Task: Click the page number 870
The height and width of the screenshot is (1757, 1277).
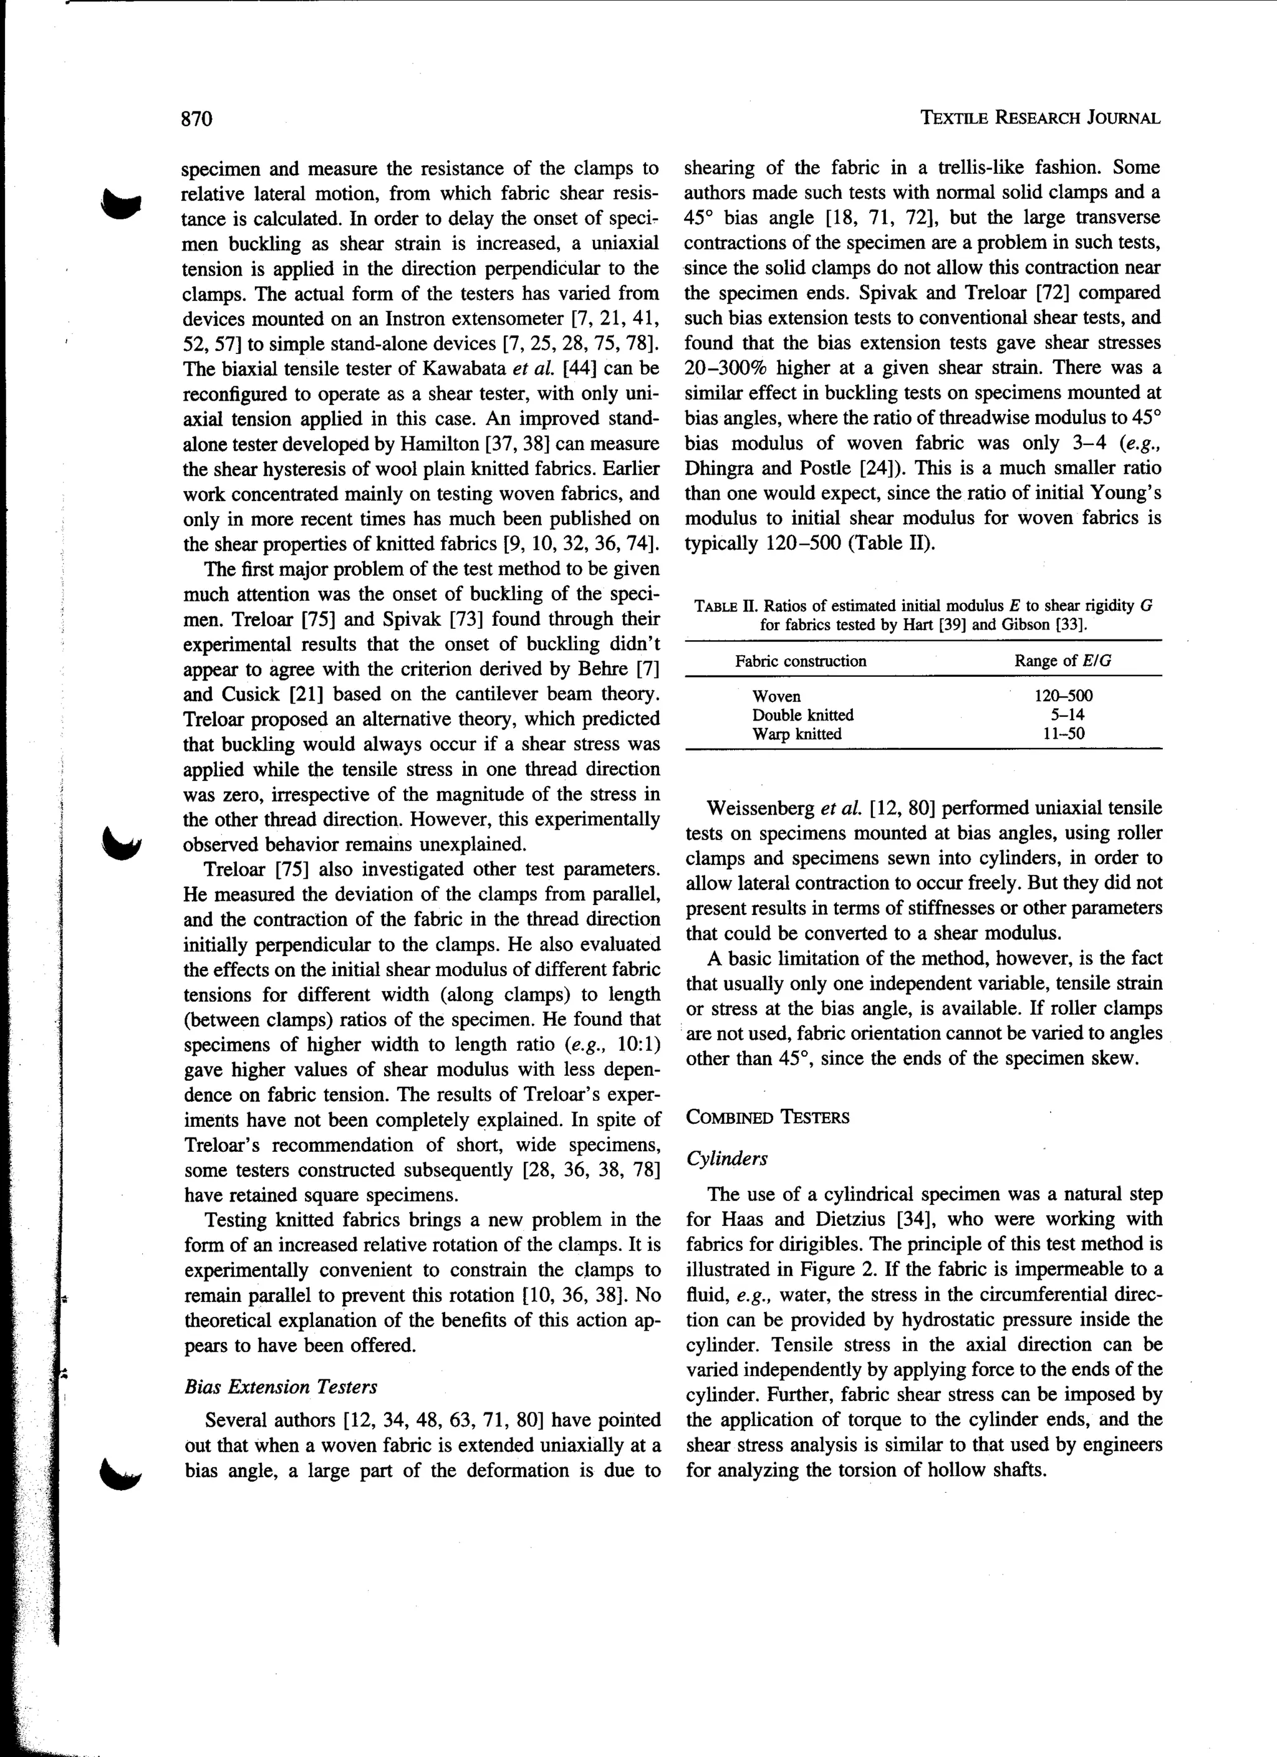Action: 197,118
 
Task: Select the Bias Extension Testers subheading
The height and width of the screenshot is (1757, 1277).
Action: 281,1387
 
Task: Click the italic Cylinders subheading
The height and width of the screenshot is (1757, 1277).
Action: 726,1158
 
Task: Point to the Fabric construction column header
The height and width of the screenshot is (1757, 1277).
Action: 801,661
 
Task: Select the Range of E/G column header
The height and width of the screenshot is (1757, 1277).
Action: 1063,661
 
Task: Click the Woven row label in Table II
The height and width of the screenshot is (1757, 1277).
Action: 776,696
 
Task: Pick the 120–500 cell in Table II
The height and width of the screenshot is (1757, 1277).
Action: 1063,696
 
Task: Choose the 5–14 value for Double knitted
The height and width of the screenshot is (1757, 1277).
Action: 1063,714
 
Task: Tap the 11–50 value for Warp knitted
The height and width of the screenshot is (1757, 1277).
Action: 1063,734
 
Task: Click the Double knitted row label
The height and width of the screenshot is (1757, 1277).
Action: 802,714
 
